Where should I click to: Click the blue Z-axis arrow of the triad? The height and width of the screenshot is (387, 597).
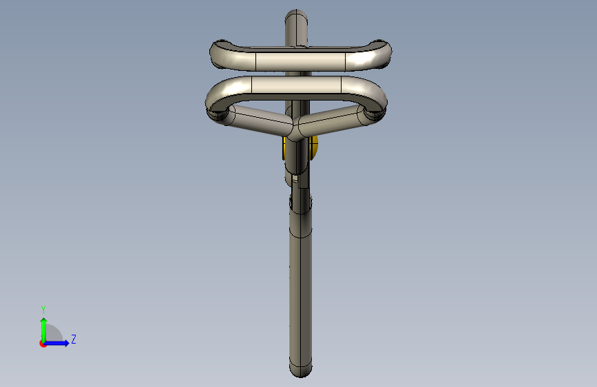[57, 343]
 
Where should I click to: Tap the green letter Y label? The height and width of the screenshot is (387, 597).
[43, 309]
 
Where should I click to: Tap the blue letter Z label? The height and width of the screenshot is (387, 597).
[74, 339]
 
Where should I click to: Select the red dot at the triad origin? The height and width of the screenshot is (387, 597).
[43, 344]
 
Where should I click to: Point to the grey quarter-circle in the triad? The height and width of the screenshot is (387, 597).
[53, 334]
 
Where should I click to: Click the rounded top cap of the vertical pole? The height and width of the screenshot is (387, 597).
[296, 17]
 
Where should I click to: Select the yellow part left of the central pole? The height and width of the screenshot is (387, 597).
[284, 149]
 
